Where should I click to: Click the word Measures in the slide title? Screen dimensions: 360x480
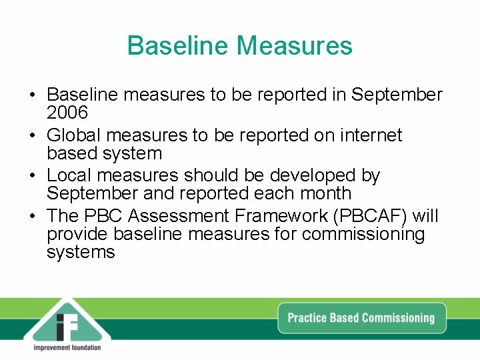(294, 45)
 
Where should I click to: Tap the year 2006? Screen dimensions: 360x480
(67, 113)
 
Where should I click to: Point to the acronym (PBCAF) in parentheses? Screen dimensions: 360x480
(373, 216)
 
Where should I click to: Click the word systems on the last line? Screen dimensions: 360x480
(81, 252)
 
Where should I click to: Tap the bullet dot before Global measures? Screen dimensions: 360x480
(33, 136)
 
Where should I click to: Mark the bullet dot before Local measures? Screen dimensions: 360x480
(33, 176)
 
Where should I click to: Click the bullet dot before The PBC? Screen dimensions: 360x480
(33, 217)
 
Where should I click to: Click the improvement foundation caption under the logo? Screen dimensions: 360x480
(67, 347)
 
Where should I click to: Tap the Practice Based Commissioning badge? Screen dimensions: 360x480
(361, 317)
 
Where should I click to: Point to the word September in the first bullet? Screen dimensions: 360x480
(397, 95)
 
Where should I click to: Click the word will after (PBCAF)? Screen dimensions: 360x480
(425, 216)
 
